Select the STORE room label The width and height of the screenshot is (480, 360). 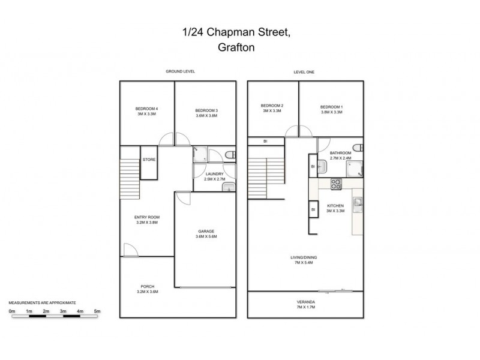point(149,160)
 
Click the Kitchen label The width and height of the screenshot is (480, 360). point(335,208)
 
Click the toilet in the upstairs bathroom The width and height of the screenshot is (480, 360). point(358,148)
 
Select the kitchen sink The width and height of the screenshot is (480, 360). point(358,204)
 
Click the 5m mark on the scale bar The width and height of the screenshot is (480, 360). point(97,311)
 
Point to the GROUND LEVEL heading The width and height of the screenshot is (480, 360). point(181,71)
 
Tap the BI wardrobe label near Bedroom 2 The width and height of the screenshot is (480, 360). point(266,142)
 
